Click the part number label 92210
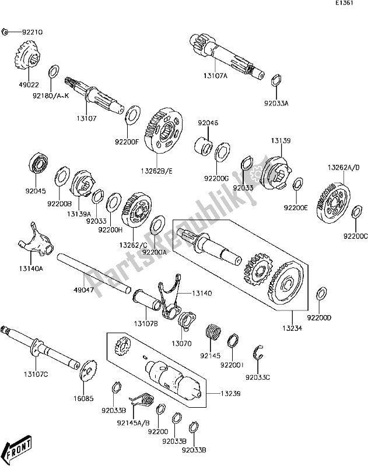(33, 31)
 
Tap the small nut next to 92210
(5, 31)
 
